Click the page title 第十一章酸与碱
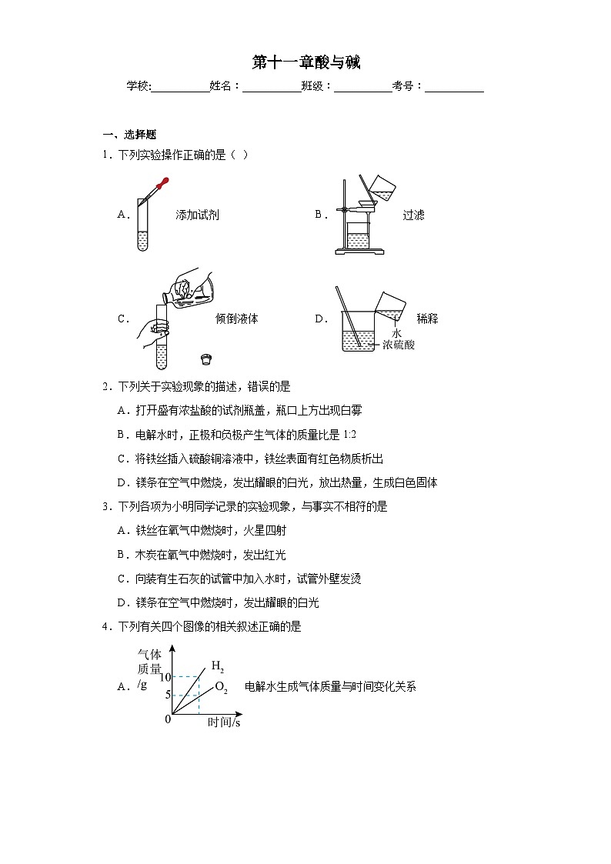coord(305,62)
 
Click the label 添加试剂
coord(197,215)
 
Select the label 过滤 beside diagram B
coord(413,215)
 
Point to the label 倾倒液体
coord(237,319)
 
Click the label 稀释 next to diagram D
coord(427,319)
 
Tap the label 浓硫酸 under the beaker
coord(399,345)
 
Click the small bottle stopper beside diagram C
coord(205,358)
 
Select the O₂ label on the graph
coord(221,687)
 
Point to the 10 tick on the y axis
coord(165,677)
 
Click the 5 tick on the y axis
coord(167,696)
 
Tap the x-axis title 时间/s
coord(224,723)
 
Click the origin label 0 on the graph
coord(168,719)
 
